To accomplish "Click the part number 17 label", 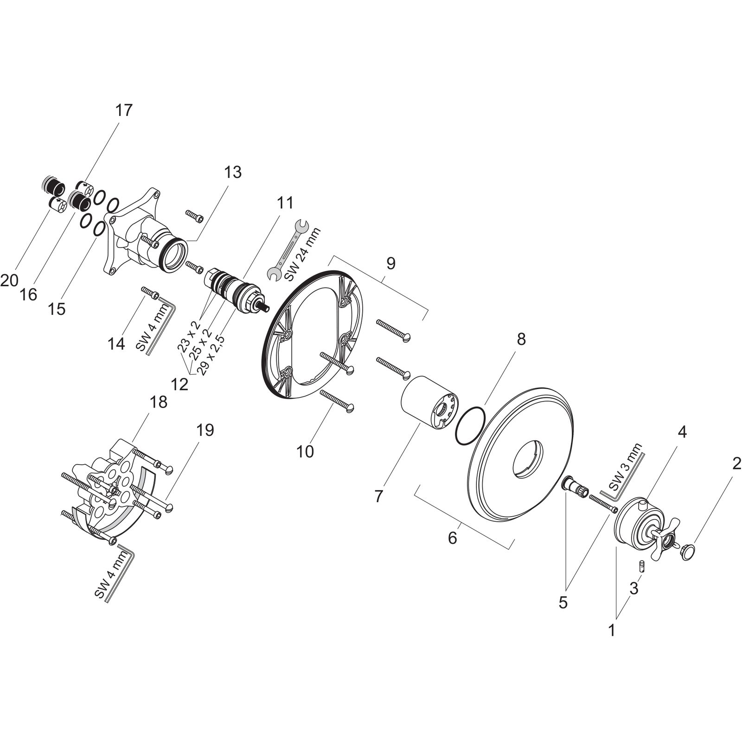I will (124, 110).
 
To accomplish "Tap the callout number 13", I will (233, 173).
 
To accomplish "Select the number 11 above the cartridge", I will (285, 203).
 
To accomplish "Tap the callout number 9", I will (390, 263).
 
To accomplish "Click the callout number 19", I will (205, 430).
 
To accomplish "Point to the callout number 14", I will (117, 344).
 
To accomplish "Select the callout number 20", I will (9, 280).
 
